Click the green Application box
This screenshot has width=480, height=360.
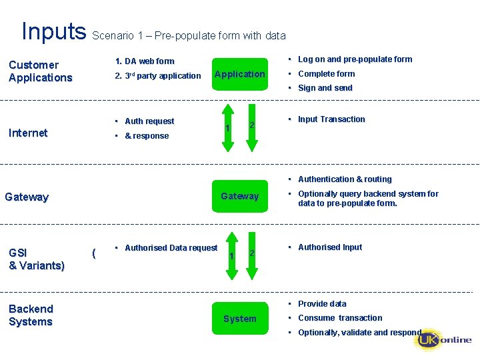[240, 74]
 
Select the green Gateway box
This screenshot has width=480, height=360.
[240, 196]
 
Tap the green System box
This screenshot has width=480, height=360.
[240, 319]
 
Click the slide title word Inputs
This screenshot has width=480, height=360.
[54, 31]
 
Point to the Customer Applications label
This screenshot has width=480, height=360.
[40, 71]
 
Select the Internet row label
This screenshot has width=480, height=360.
[28, 133]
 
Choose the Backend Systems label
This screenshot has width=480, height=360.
[31, 315]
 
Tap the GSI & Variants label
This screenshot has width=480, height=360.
[36, 259]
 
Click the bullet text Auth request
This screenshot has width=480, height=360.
[149, 121]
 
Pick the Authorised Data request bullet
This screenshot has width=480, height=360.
[171, 248]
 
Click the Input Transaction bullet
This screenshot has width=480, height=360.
[331, 119]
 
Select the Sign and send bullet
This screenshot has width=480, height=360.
[325, 88]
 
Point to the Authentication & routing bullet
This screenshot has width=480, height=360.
[345, 179]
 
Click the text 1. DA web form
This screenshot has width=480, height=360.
[145, 61]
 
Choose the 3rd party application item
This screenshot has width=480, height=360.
[158, 76]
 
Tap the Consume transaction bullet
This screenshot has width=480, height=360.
[340, 318]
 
